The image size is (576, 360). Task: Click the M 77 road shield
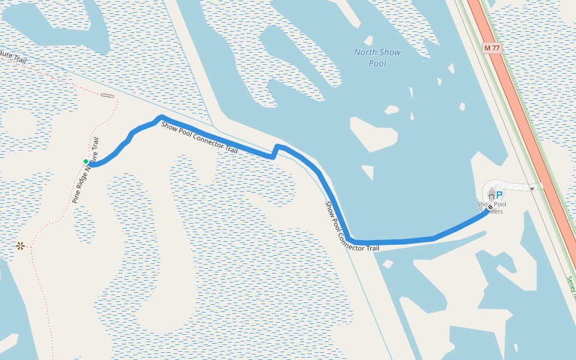tap(491, 47)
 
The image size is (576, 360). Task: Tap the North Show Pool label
tap(377, 58)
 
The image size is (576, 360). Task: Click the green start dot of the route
tap(86, 161)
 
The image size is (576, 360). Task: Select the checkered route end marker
tap(490, 208)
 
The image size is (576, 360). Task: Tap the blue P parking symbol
tap(499, 195)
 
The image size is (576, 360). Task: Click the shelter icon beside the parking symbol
tap(491, 195)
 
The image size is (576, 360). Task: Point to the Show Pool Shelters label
tap(491, 208)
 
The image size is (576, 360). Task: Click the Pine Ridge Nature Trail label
tap(85, 171)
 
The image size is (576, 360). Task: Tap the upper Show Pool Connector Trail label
tap(199, 137)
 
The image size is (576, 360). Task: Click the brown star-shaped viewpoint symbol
tap(20, 245)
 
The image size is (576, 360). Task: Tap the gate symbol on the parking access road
tap(532, 188)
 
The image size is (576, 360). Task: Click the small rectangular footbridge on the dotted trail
tap(107, 95)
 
